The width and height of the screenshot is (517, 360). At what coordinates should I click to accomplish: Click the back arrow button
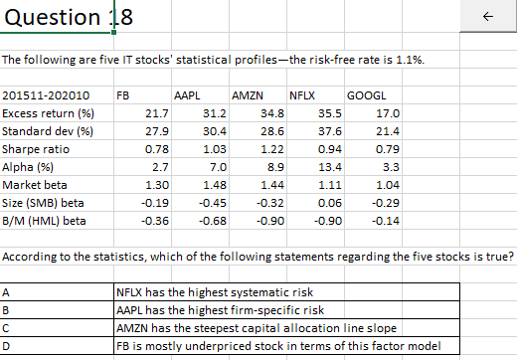486,18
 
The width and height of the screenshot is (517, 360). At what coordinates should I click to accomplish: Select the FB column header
123,97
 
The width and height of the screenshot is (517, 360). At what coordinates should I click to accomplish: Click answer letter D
7,345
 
